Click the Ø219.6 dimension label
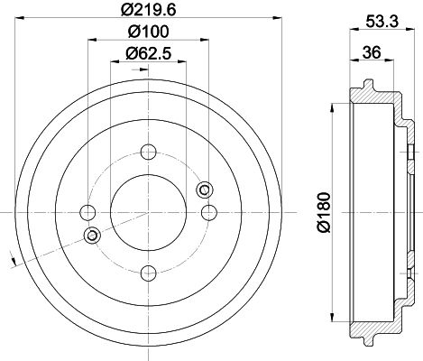click(x=148, y=10)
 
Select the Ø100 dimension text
click(x=148, y=32)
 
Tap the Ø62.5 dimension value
click(x=148, y=53)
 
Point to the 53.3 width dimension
click(x=382, y=22)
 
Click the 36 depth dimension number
click(x=372, y=52)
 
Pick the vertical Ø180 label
click(x=324, y=213)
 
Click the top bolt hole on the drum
click(x=149, y=152)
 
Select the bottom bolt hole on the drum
click(x=149, y=273)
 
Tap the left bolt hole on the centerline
click(x=87, y=213)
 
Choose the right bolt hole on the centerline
click(x=209, y=213)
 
